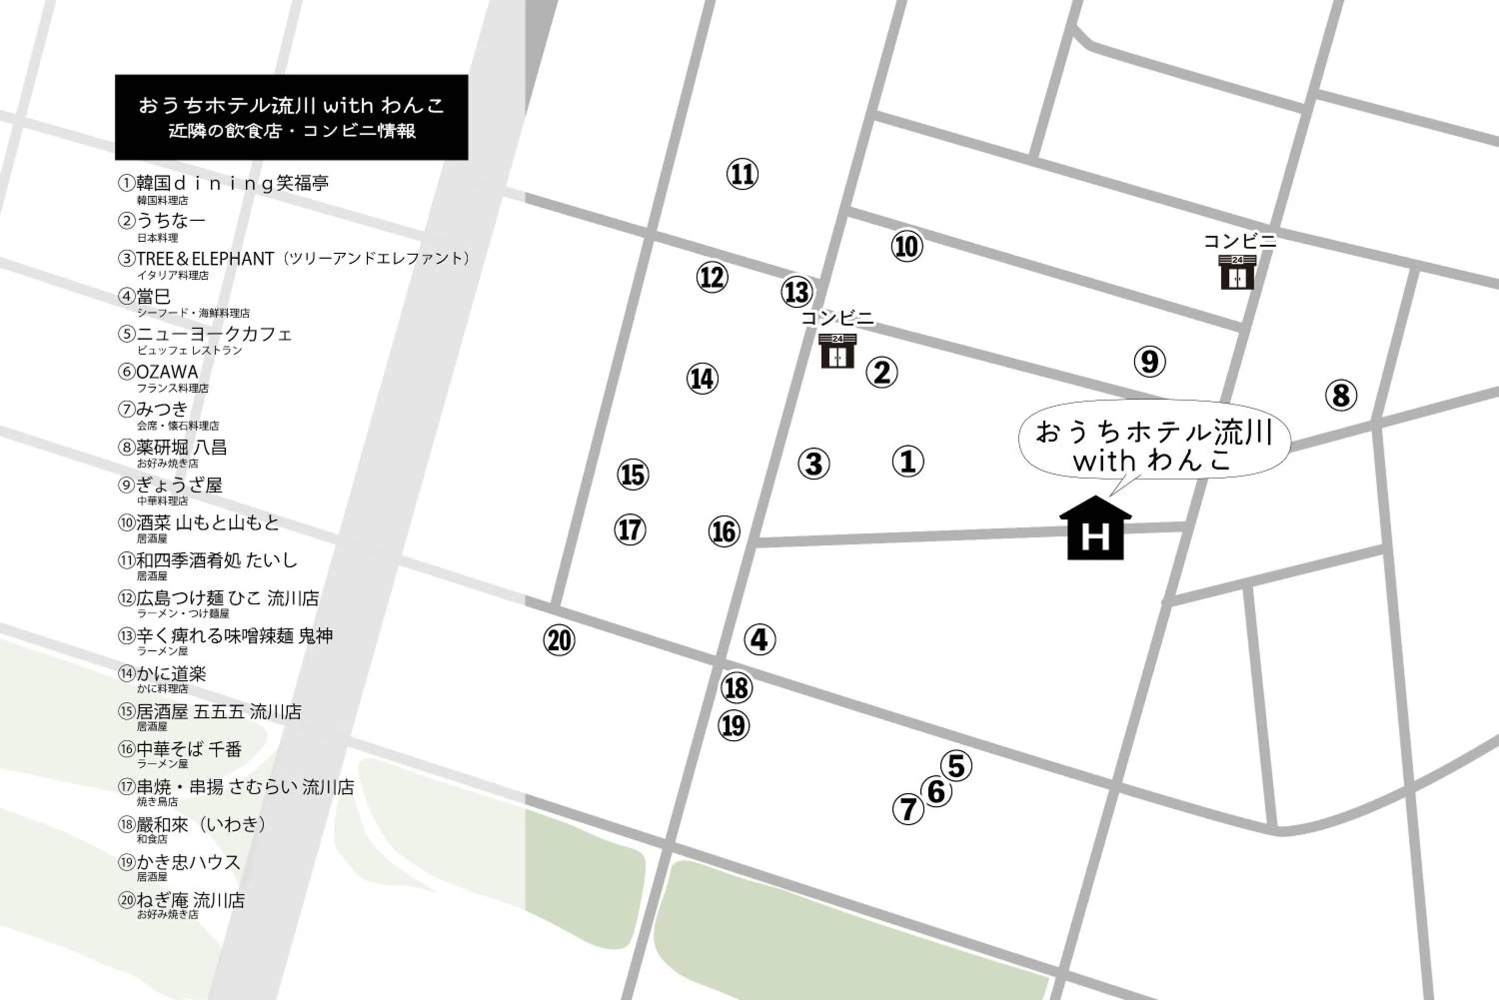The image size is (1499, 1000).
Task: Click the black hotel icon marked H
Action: coord(1095,529)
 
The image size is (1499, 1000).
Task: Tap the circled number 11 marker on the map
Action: coord(742,174)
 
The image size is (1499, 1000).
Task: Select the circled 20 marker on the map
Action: coord(559,640)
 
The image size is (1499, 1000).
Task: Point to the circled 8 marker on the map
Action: coord(1341,396)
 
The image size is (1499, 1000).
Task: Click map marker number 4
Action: coord(759,639)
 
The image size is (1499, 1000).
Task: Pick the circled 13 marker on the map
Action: coord(796,292)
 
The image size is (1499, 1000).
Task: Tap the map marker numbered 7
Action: coord(908,809)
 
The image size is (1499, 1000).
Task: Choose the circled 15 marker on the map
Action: coord(633,475)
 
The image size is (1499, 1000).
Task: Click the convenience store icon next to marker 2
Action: coord(837,351)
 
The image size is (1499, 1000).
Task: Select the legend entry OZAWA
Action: coord(167,372)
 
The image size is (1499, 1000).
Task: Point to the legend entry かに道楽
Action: coord(171,673)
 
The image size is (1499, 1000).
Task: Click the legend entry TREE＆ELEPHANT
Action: coord(204,258)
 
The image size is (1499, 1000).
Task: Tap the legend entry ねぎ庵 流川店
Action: coord(190,900)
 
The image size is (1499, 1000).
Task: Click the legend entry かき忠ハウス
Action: coord(188,862)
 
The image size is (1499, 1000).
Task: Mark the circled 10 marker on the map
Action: coord(906,246)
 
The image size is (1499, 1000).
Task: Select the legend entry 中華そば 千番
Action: coord(189,749)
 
